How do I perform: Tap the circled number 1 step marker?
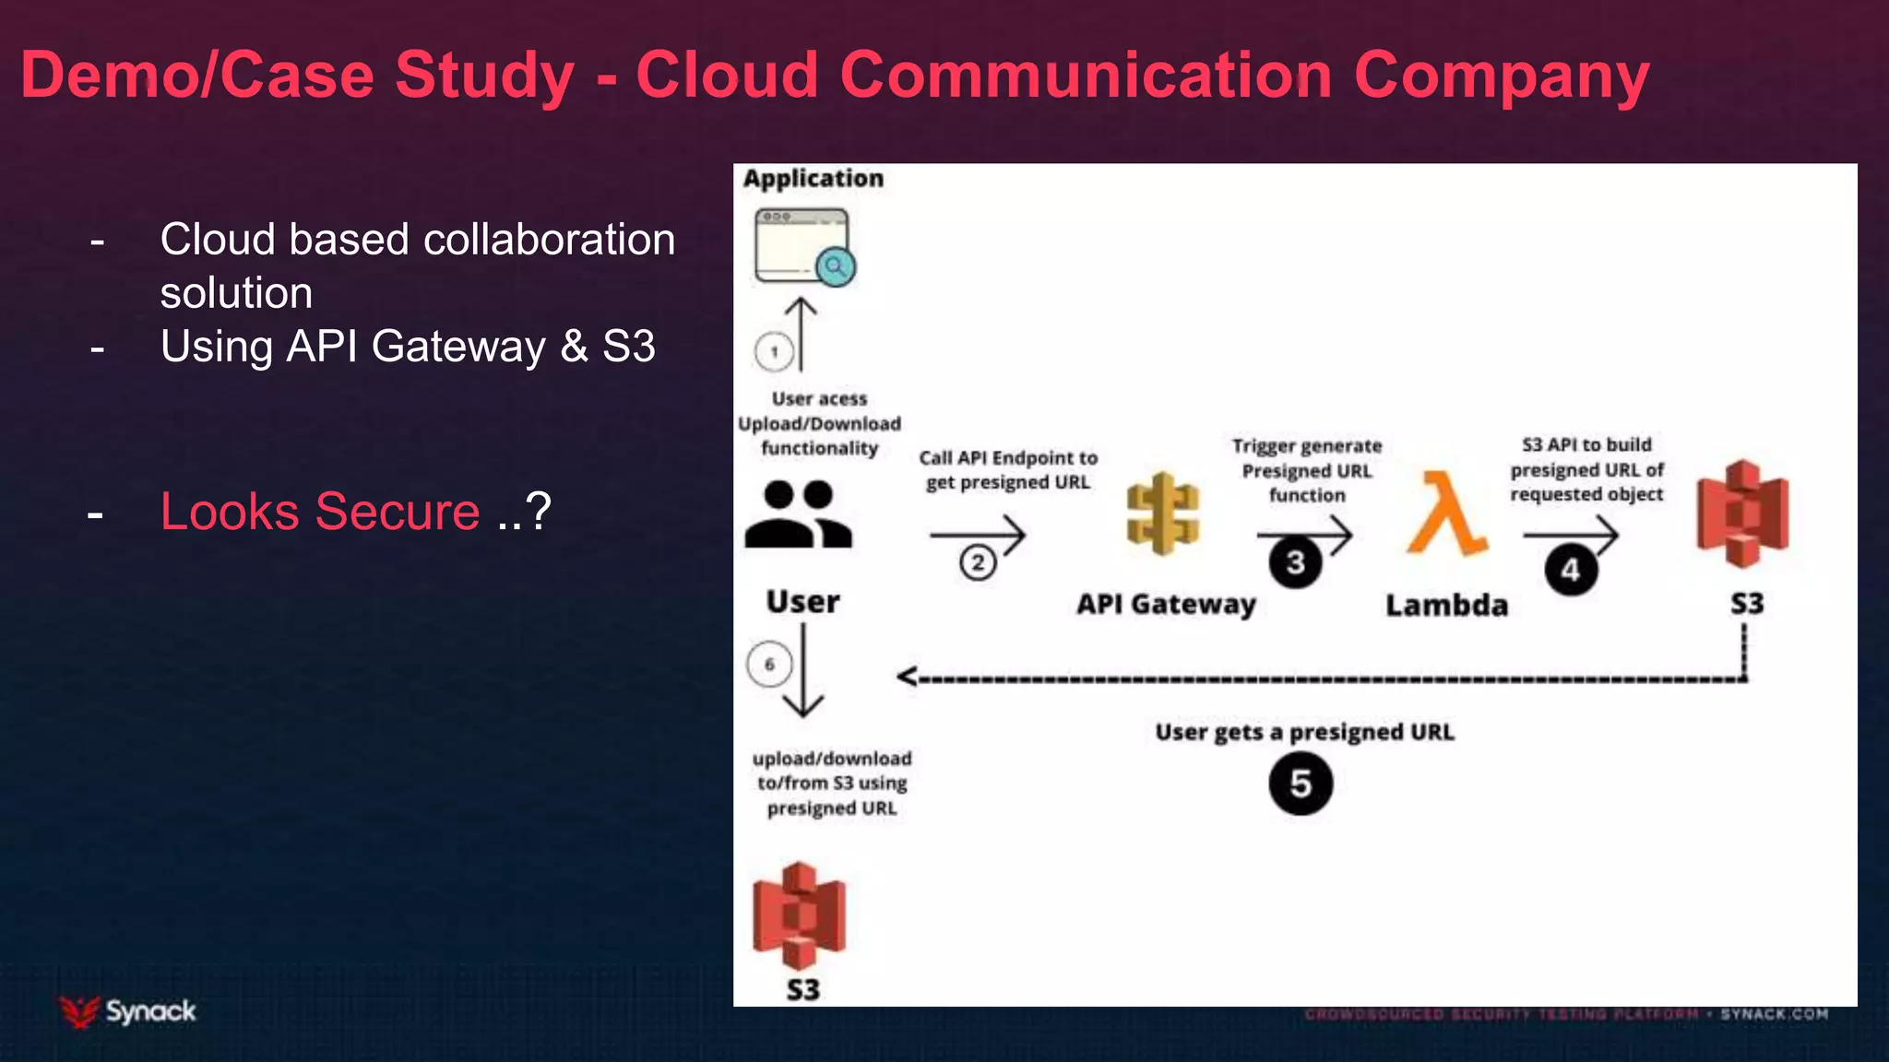[774, 351]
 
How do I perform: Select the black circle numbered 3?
[1295, 561]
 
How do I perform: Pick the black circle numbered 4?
[1571, 570]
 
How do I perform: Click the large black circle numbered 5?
[1301, 784]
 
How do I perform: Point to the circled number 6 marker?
[769, 664]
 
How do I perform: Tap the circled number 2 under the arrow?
[978, 562]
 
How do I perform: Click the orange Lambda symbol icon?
[1445, 513]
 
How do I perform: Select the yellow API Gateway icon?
[1163, 513]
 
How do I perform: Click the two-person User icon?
[799, 514]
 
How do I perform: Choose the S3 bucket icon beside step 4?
[1742, 513]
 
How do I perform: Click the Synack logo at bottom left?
[128, 1011]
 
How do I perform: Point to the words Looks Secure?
[320, 512]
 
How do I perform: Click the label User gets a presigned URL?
[1304, 732]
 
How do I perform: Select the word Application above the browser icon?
[813, 178]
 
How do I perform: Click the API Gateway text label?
[1166, 604]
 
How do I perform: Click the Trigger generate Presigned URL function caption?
[1307, 470]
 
